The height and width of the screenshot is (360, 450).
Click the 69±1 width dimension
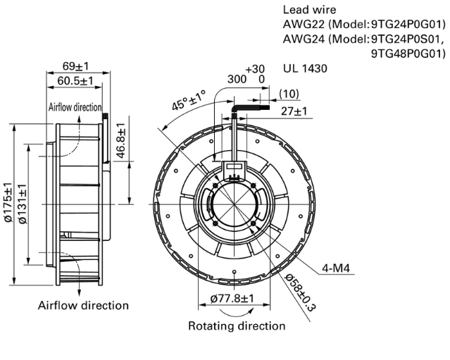(76, 66)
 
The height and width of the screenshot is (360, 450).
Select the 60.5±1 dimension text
(75, 81)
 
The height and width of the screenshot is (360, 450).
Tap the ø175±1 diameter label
(8, 202)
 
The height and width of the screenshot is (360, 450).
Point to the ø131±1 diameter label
(23, 204)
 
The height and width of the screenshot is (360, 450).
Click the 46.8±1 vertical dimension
(122, 141)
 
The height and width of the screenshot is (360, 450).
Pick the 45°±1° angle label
(189, 100)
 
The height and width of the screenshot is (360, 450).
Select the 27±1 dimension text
(294, 111)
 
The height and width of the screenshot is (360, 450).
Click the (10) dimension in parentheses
(289, 94)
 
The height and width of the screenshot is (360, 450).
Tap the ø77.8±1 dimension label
(232, 299)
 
